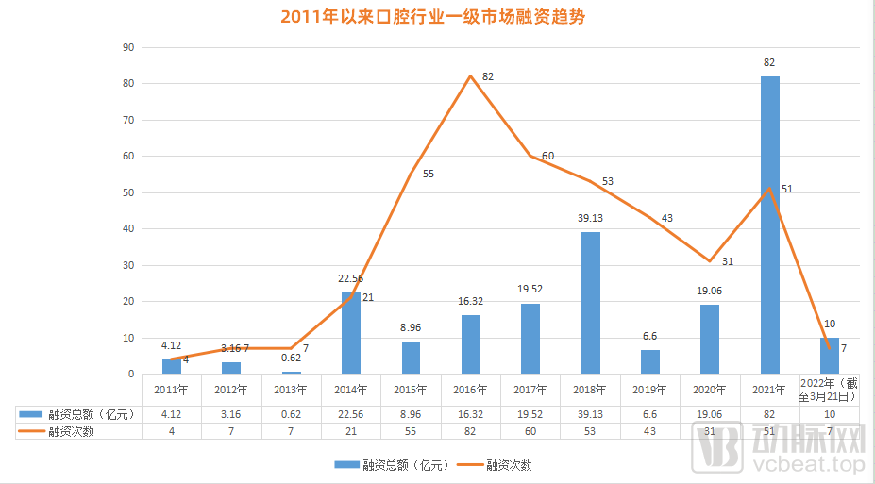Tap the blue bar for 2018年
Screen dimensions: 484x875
(x=590, y=302)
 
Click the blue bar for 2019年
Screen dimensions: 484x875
(x=650, y=361)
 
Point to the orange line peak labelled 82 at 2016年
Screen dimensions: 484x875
(x=470, y=75)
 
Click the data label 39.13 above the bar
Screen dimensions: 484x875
(x=590, y=219)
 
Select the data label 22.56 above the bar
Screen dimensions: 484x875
(x=350, y=278)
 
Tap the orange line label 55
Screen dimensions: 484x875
(x=428, y=175)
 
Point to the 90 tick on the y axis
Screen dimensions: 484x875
(x=130, y=47)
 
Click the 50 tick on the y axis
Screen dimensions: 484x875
(x=130, y=192)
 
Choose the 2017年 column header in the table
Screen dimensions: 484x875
(x=530, y=390)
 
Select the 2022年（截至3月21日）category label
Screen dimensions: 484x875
(x=829, y=390)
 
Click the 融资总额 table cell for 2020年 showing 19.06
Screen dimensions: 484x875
(x=709, y=413)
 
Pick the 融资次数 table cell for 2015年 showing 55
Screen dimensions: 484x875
(x=410, y=431)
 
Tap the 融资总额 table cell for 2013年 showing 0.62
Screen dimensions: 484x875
(x=291, y=413)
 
